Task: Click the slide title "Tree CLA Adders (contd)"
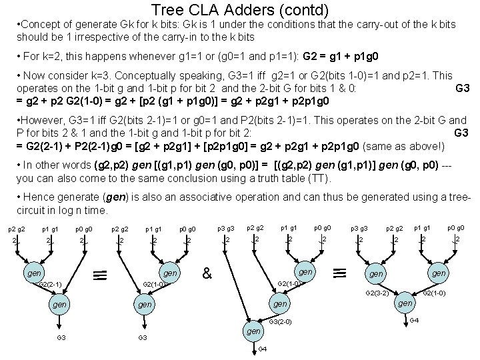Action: coord(239,9)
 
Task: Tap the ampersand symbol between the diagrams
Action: coord(207,273)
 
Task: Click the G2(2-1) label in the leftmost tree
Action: coord(51,285)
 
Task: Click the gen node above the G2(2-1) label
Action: coord(34,273)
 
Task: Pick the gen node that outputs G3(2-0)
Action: coord(281,304)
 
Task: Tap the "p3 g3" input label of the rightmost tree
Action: coord(360,228)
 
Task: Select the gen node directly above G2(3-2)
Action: coord(376,274)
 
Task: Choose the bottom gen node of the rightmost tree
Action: coord(405,304)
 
